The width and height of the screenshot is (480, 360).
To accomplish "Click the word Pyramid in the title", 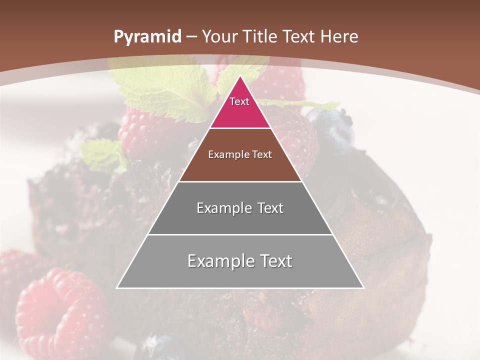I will pyautogui.click(x=147, y=37).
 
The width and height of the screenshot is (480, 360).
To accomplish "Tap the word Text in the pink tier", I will pyautogui.click(x=239, y=101).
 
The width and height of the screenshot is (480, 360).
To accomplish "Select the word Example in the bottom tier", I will pyautogui.click(x=218, y=261).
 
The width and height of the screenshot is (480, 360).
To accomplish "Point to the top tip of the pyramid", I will pyautogui.click(x=240, y=76).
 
